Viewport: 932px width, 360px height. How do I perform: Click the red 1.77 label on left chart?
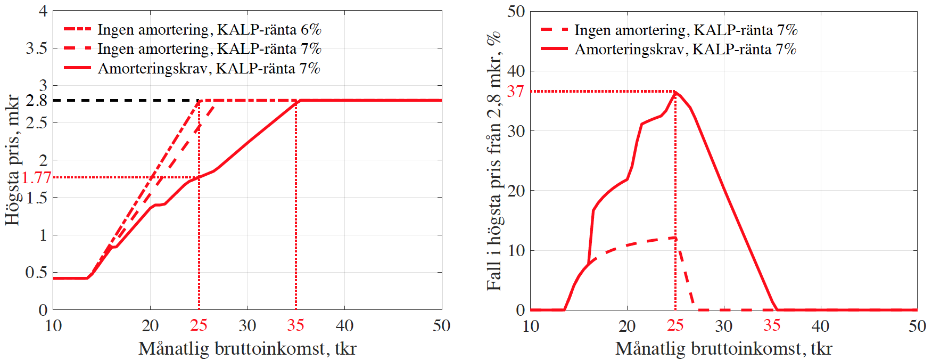pos(36,177)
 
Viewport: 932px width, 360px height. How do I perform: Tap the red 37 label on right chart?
pos(515,92)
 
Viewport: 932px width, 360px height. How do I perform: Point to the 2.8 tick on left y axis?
pos(36,100)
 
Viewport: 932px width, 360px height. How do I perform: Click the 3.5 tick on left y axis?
pos(36,48)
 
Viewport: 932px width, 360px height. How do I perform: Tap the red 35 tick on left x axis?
pos(295,325)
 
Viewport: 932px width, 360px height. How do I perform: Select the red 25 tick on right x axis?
pos(675,325)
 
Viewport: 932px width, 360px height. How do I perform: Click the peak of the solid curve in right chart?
pos(675,93)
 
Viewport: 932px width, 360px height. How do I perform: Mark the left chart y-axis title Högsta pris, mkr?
pos(12,160)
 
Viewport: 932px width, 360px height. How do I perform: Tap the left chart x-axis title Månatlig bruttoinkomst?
pos(247,348)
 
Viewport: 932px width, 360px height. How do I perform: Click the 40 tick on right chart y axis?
pos(515,71)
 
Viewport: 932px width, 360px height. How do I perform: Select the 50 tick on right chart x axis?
pos(917,325)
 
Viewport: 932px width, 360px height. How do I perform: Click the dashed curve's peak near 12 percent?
pos(675,238)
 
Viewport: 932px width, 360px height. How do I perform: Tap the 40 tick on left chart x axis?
pos(344,325)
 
